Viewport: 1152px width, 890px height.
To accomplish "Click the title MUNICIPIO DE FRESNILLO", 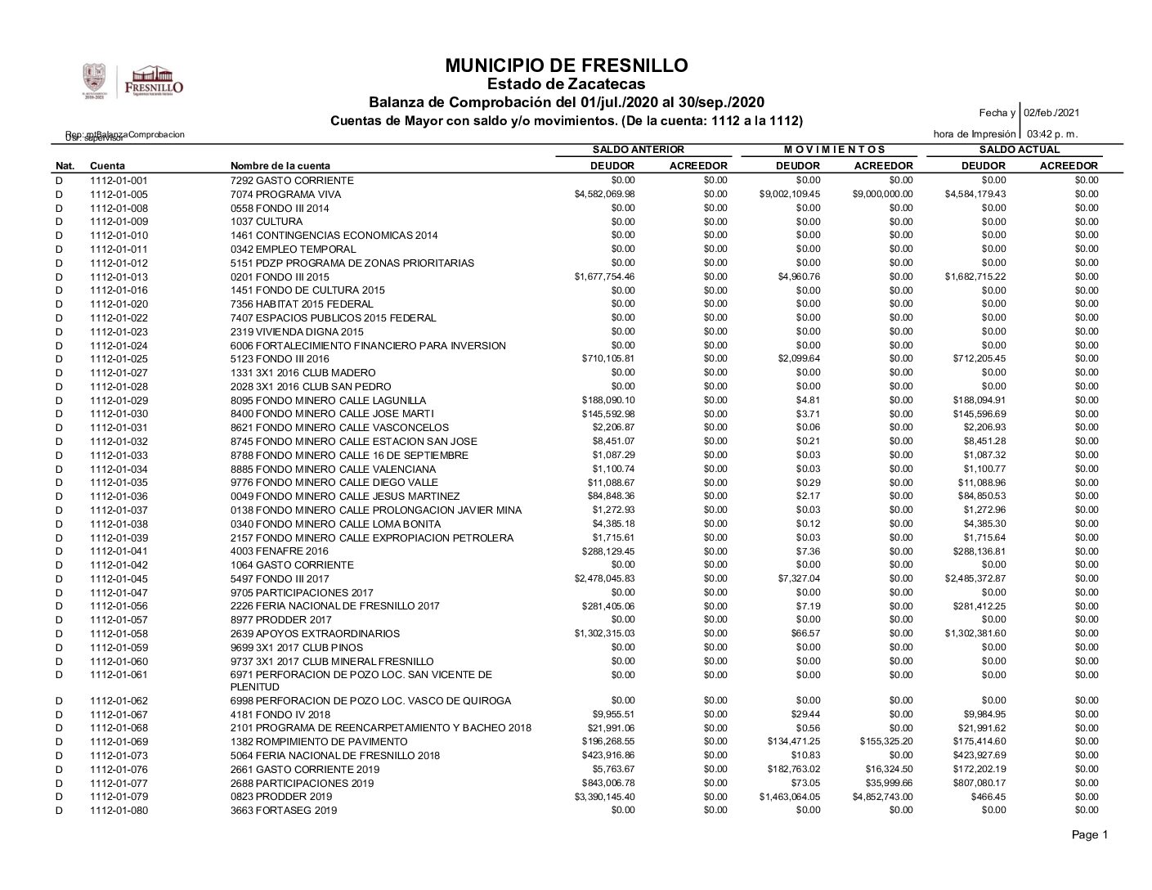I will [x=567, y=65].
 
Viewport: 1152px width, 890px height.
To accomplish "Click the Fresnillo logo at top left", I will [x=133, y=83].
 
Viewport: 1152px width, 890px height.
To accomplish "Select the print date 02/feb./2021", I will [x=1051, y=113].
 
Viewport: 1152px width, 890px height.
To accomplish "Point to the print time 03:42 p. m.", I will [x=1052, y=133].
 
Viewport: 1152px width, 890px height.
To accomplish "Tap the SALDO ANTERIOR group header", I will [x=638, y=150].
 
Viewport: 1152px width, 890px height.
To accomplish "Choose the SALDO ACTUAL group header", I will [x=1019, y=150].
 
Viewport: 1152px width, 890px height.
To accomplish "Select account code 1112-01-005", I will [x=119, y=195].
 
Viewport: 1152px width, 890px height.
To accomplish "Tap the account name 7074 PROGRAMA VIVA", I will [x=285, y=195].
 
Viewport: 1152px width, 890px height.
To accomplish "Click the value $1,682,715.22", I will [x=975, y=276].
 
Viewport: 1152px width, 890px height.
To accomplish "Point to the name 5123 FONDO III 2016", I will [x=280, y=359].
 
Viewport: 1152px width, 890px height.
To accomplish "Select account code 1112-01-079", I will [x=119, y=797].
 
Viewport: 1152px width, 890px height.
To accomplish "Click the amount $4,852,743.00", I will [x=882, y=797].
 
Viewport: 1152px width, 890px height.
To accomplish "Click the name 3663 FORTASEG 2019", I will [x=283, y=811].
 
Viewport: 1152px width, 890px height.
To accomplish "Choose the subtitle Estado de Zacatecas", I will [x=566, y=84].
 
